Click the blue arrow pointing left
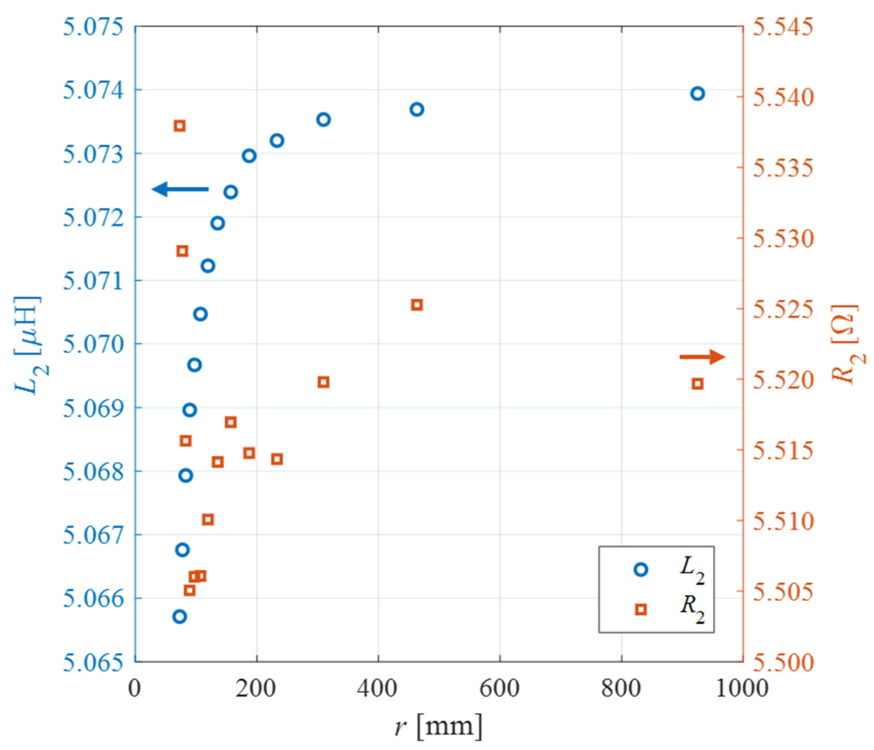pyautogui.click(x=180, y=189)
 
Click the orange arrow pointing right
pyautogui.click(x=702, y=357)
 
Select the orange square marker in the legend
pyautogui.click(x=641, y=609)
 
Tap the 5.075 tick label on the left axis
pyautogui.click(x=93, y=27)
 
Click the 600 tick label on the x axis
pyautogui.click(x=500, y=689)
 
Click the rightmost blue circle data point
pyautogui.click(x=698, y=93)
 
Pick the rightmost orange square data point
pyautogui.click(x=698, y=384)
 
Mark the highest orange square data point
pyautogui.click(x=180, y=126)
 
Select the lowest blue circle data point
pyautogui.click(x=179, y=617)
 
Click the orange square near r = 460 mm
pyautogui.click(x=417, y=305)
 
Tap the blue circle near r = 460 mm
pyautogui.click(x=417, y=109)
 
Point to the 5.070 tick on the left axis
pyautogui.click(x=93, y=344)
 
